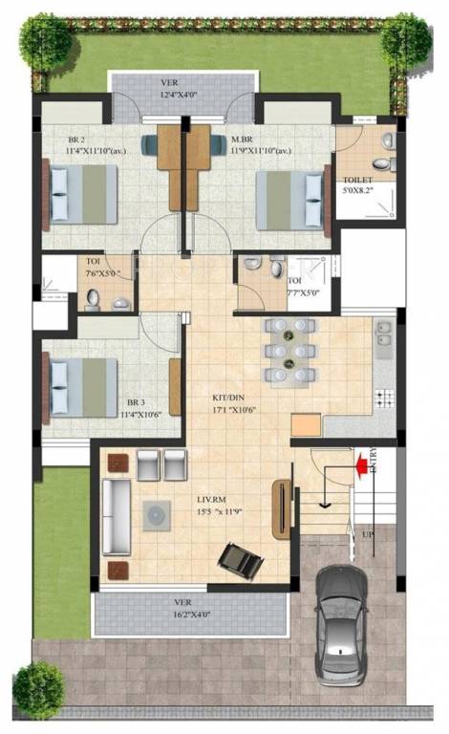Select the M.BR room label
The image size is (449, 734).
pyautogui.click(x=243, y=140)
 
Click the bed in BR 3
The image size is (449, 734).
pyautogui.click(x=83, y=387)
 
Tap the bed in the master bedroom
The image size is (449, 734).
pyautogui.click(x=290, y=199)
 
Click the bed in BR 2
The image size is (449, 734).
pyautogui.click(x=83, y=194)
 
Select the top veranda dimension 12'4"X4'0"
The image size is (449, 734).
pyautogui.click(x=182, y=94)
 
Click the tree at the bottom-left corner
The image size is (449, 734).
pyautogui.click(x=39, y=688)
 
